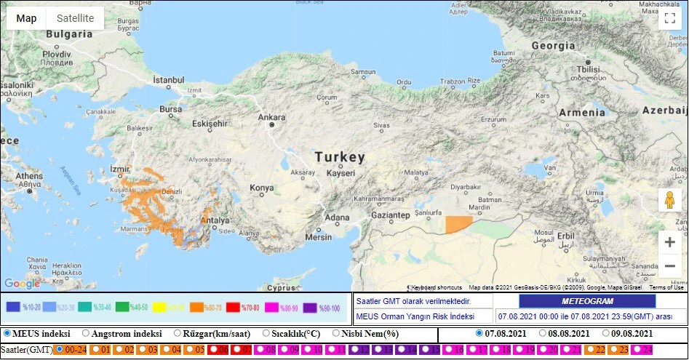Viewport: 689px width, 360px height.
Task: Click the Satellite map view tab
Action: point(75,18)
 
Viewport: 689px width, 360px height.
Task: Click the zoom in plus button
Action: point(669,242)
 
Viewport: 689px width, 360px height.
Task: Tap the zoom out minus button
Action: point(669,266)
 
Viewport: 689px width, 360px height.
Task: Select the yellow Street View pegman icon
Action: point(669,200)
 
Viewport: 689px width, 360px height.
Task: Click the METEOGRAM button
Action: point(587,301)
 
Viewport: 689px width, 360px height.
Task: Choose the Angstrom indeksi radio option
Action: point(86,333)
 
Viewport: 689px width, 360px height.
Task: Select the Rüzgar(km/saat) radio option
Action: point(178,333)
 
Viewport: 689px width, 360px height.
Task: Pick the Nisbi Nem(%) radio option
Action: point(336,333)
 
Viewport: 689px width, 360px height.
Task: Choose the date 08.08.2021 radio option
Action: point(543,333)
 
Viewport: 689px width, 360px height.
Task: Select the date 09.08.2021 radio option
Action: point(606,333)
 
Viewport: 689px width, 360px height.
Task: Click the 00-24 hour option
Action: point(60,350)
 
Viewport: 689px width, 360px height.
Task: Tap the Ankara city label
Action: point(271,117)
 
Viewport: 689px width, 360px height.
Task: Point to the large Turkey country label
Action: point(340,157)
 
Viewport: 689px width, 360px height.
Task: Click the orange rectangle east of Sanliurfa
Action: point(458,224)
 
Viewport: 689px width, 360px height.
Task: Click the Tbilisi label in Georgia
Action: point(588,70)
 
